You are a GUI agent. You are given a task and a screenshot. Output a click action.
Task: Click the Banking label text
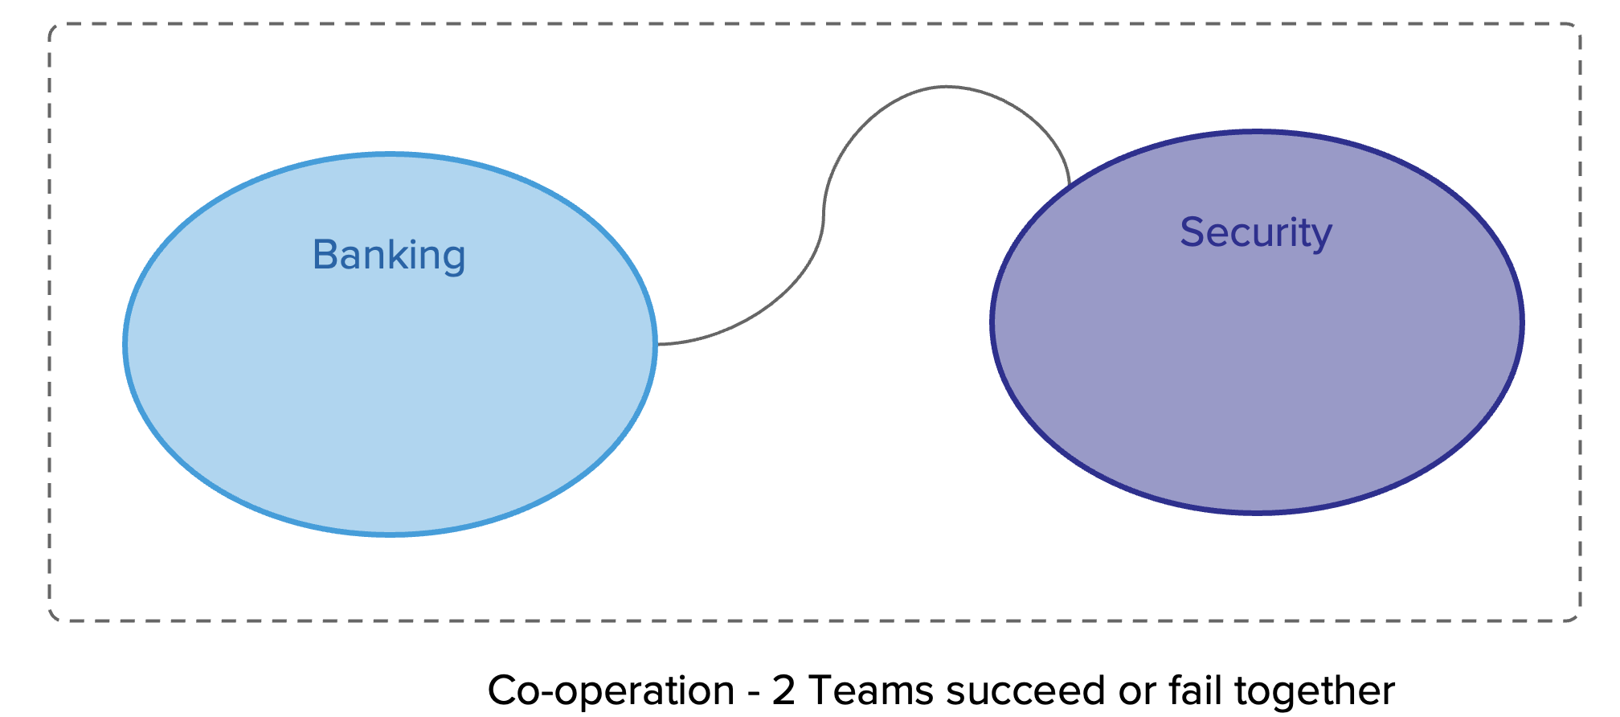(389, 256)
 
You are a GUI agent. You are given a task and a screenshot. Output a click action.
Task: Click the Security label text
(1256, 233)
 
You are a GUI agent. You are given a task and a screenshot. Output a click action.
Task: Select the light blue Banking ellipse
(391, 386)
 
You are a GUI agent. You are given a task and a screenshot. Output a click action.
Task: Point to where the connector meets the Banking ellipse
(657, 344)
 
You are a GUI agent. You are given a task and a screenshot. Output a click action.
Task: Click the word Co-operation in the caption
(611, 690)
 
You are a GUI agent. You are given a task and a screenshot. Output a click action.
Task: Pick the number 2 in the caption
(783, 690)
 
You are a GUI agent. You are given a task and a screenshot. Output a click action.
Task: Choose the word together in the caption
(1315, 690)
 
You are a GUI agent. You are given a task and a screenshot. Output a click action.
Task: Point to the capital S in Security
(1192, 232)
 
